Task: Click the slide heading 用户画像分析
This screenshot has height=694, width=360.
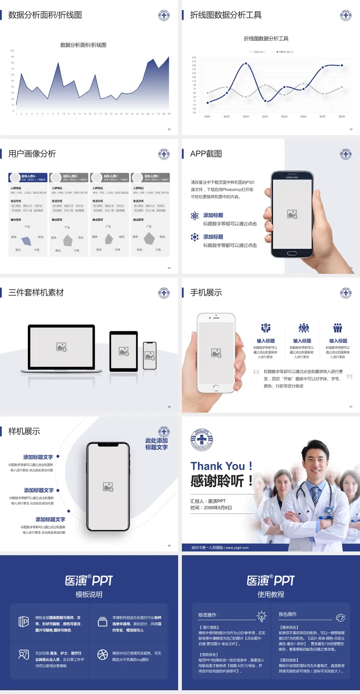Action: tap(32, 154)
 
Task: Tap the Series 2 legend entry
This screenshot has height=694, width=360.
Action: tap(285, 52)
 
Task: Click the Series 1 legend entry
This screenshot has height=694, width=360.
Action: tap(258, 52)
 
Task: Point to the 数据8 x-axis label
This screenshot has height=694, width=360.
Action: tap(342, 117)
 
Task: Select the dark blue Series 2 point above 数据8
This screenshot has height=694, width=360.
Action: tap(342, 65)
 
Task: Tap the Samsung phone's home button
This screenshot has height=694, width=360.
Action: tap(292, 253)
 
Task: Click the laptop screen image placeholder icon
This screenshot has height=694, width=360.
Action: tap(61, 347)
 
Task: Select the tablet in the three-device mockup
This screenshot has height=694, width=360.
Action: tap(124, 352)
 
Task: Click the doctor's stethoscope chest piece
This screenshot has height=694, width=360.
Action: tap(329, 510)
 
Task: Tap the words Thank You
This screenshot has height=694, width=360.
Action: tap(217, 466)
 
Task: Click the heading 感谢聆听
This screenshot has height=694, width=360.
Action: tap(217, 481)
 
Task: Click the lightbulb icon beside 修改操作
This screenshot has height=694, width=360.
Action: tap(261, 616)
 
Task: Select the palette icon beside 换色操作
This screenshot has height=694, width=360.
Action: tap(340, 617)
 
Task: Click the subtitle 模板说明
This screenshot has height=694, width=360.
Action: tap(89, 595)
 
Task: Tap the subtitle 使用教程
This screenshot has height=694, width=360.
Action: tap(271, 595)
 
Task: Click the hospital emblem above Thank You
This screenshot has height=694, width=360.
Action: tap(202, 440)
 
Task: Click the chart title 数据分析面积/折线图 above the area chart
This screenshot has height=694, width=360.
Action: tap(83, 45)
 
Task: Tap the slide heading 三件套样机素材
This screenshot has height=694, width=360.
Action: tap(36, 293)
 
